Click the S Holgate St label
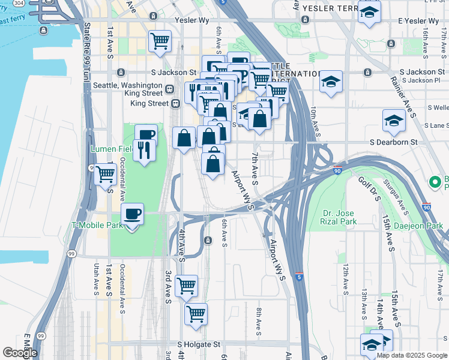[x=199, y=345]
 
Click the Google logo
[x=19, y=353]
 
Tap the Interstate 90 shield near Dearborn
[x=337, y=170]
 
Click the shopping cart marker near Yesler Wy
[x=160, y=42]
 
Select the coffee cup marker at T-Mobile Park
[x=133, y=214]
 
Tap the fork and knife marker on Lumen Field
[x=143, y=150]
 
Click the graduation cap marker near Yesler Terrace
[x=369, y=11]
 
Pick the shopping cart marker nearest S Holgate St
[x=196, y=314]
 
